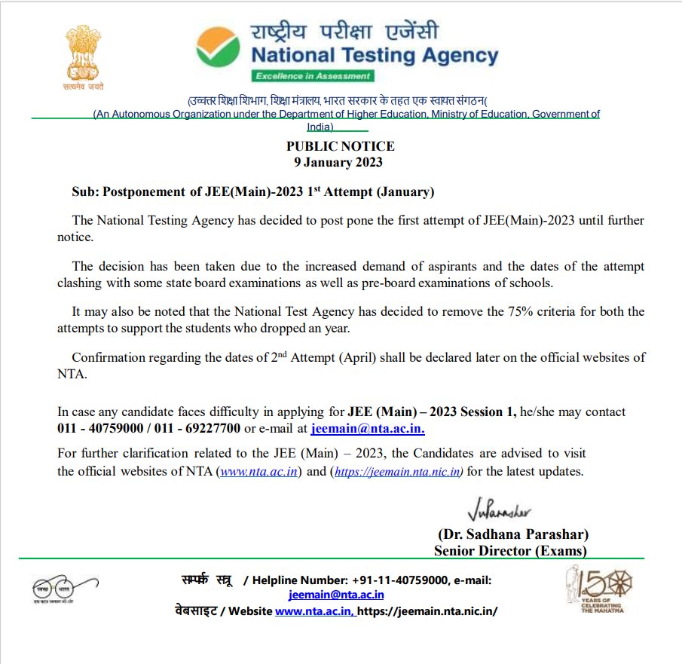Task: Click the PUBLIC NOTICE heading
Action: coord(340,146)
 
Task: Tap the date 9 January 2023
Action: coord(338,162)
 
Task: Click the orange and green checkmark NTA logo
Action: coord(218,48)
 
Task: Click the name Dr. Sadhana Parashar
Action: coord(512,534)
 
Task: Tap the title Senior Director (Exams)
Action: coord(510,551)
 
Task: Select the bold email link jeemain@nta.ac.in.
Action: coord(368,429)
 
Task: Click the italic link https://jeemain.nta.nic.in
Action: coord(396,472)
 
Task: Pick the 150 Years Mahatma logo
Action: coord(599,591)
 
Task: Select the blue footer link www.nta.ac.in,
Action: coord(314,610)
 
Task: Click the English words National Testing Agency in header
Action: coord(375,56)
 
